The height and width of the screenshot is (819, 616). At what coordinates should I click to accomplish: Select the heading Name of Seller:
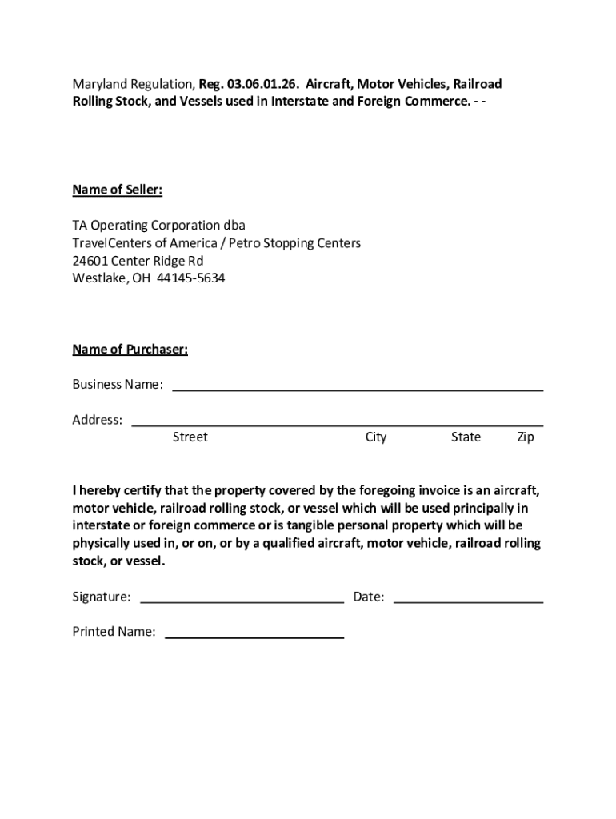(118, 190)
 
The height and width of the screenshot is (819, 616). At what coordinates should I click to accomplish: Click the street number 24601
(90, 261)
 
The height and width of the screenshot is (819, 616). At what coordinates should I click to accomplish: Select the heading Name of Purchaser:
(130, 350)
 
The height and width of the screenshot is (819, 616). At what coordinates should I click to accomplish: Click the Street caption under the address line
(190, 437)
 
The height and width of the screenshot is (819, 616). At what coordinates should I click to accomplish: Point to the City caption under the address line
(376, 437)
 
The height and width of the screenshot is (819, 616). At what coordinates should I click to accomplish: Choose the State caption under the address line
(466, 437)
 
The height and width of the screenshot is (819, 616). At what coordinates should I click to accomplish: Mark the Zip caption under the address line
(526, 437)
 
